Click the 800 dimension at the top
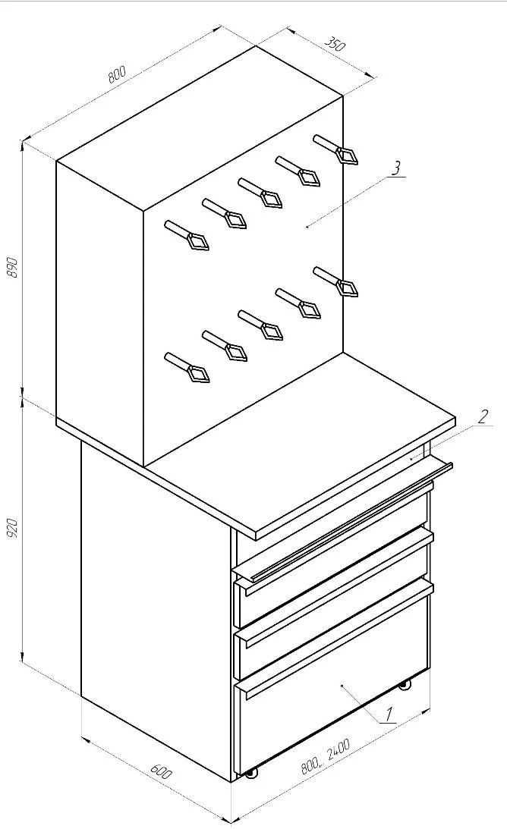(x=117, y=74)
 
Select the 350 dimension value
(x=335, y=44)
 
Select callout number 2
(x=483, y=416)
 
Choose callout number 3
(x=395, y=168)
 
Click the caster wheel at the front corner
(x=250, y=772)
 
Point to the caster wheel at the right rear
(x=405, y=685)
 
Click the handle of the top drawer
(x=342, y=523)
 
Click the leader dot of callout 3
(x=307, y=226)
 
